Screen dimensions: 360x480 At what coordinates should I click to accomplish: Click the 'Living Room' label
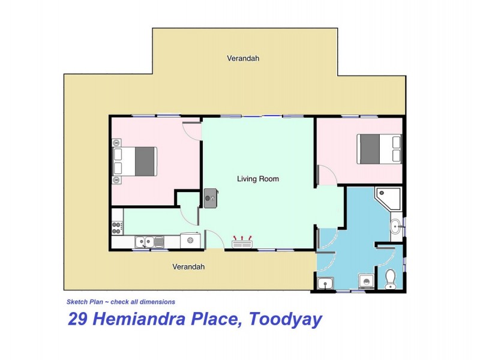click(x=258, y=179)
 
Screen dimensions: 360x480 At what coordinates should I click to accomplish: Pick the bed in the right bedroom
click(x=379, y=149)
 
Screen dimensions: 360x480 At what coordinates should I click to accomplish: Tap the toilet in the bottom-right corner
click(x=391, y=278)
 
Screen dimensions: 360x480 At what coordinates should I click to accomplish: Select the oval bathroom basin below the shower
click(x=396, y=226)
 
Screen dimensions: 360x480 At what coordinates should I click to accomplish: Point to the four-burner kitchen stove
click(x=117, y=227)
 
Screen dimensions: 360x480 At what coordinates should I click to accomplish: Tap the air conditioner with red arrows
click(x=242, y=242)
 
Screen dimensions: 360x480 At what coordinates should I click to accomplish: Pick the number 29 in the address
click(x=79, y=319)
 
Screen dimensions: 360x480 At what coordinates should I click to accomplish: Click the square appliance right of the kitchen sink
click(x=190, y=240)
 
